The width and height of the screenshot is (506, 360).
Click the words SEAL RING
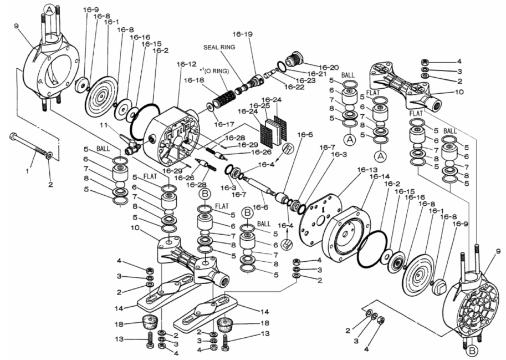click(219, 47)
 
